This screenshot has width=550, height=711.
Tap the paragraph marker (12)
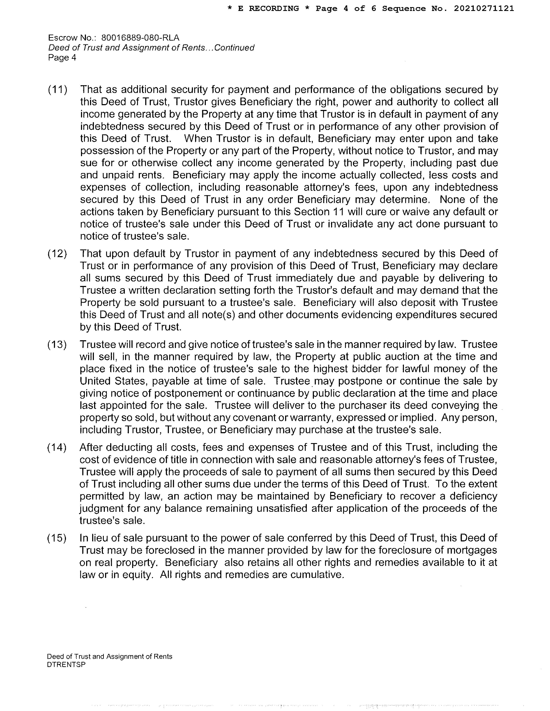pos(57,254)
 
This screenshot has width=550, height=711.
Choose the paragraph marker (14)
pos(57,447)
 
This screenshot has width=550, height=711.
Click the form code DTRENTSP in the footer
pos(66,664)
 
